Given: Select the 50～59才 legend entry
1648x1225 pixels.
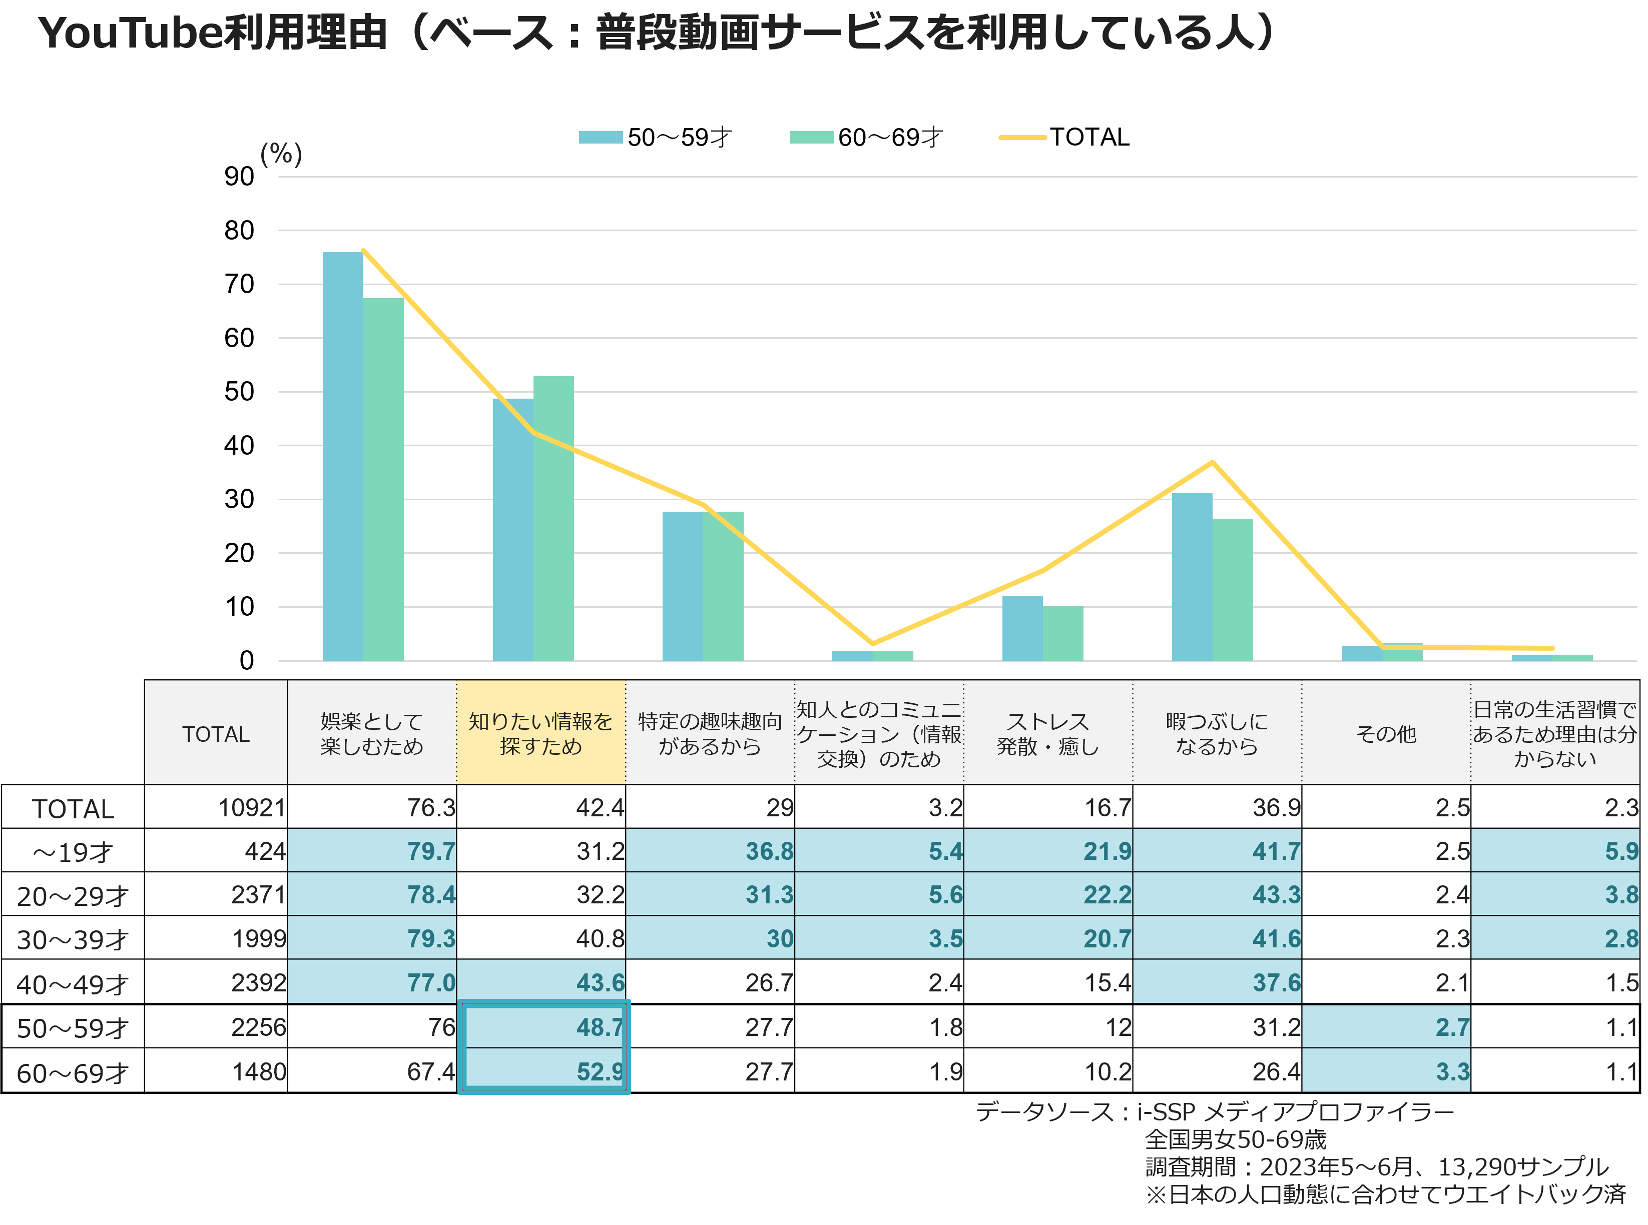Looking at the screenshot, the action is click(656, 137).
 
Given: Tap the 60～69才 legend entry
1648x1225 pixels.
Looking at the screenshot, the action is click(866, 137).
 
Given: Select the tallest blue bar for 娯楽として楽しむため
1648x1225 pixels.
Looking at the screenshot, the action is click(343, 456).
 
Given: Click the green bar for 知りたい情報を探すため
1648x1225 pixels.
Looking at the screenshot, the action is click(554, 518).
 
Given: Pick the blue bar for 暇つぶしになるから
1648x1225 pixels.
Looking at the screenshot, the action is click(1192, 577).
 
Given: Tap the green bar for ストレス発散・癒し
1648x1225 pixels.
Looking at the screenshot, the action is click(1063, 633).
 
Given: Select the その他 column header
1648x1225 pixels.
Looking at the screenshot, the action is click(1386, 733).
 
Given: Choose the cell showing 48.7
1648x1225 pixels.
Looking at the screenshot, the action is click(543, 1026).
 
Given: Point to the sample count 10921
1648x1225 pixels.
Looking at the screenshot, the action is click(251, 807).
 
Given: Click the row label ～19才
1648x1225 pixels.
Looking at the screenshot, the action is click(73, 851).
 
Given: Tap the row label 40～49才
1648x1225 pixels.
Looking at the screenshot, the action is click(73, 984).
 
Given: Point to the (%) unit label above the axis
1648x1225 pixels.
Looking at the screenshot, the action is click(281, 154).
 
